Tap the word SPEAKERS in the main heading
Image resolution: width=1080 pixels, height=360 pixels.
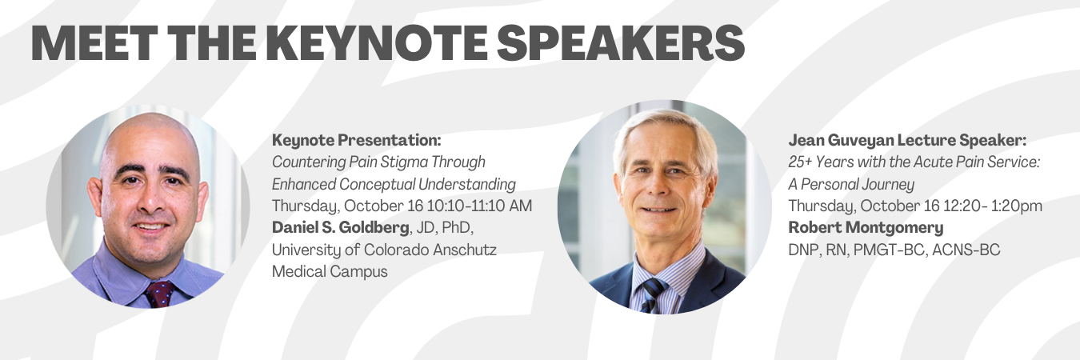621,42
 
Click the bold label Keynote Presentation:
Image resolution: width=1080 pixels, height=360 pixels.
356,140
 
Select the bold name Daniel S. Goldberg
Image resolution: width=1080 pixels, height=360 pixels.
340,227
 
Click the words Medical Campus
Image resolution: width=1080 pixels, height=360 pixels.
330,271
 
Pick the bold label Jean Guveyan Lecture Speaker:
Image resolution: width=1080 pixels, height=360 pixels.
907,140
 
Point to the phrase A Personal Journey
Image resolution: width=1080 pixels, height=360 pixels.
851,184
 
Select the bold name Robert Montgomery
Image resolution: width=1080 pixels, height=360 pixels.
866,227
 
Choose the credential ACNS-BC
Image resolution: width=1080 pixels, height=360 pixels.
966,250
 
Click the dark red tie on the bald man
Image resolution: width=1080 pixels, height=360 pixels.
159,294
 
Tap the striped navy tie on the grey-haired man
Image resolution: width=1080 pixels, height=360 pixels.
651,295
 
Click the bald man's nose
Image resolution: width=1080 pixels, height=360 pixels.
150,200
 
